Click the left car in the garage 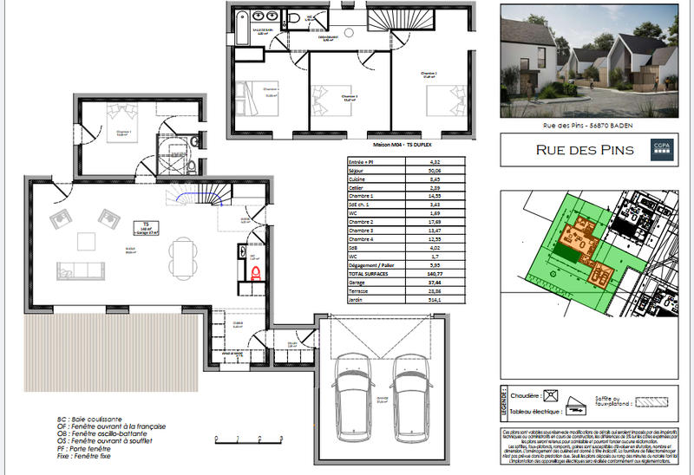tap(353, 388)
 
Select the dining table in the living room tap(181, 257)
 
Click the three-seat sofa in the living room tap(80, 269)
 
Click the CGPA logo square tap(662, 150)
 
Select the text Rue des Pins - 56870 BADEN tap(587, 127)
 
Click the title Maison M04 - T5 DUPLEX tap(407, 145)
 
